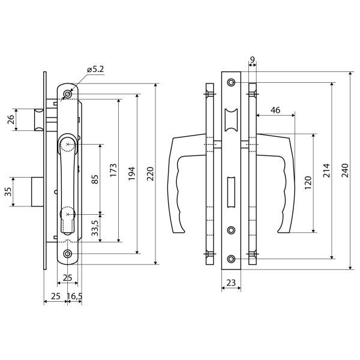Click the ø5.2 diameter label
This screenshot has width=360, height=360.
(x=95, y=69)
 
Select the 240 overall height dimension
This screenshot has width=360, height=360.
(x=345, y=170)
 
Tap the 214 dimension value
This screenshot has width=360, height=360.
(x=326, y=170)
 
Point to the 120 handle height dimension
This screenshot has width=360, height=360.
(x=308, y=182)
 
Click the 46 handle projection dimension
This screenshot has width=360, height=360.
(x=275, y=110)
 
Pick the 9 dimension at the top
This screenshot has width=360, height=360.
(x=252, y=59)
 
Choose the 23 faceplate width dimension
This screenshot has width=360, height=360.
(x=231, y=283)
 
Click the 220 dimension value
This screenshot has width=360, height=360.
(x=150, y=174)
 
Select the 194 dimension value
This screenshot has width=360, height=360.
(x=131, y=174)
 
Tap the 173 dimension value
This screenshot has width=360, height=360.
(x=113, y=170)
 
